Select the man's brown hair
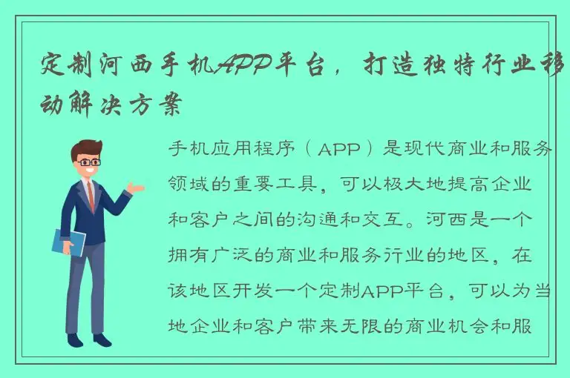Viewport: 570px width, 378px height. [x=86, y=147]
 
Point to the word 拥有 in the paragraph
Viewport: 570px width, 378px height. [x=187, y=256]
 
